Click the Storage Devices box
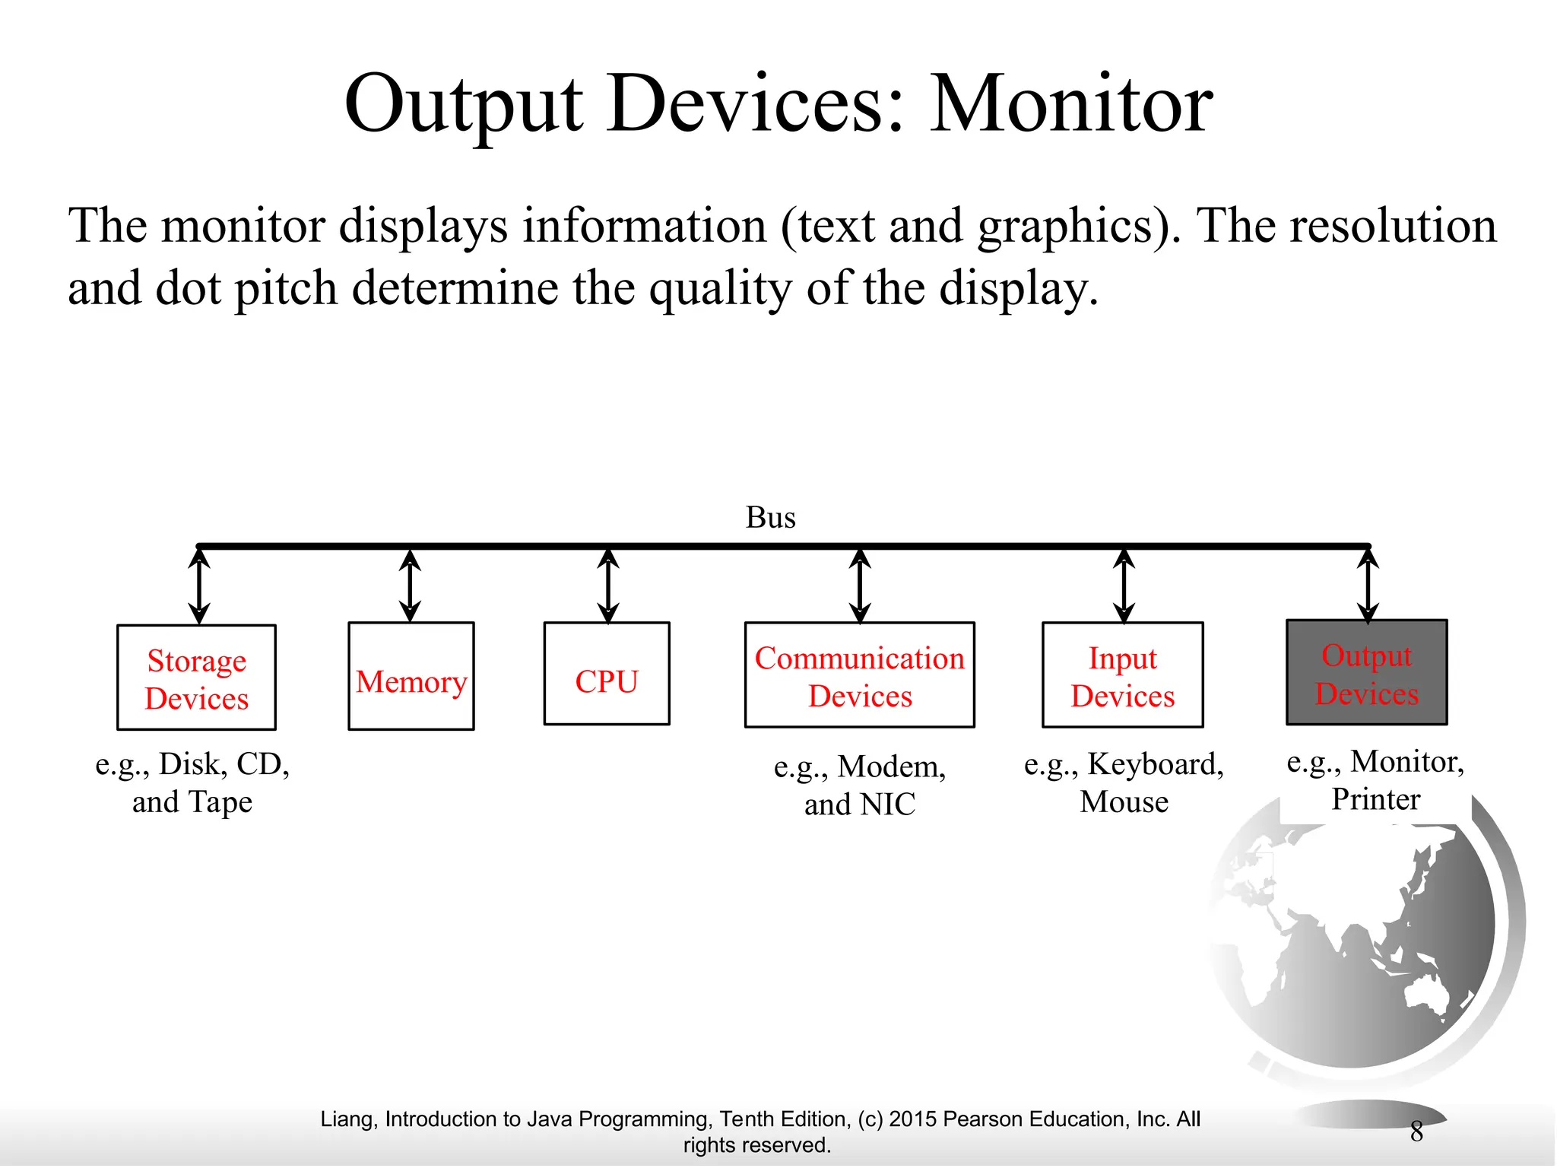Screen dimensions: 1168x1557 tap(196, 678)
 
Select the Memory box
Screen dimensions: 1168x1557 tap(411, 676)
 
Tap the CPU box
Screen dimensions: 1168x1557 tap(606, 674)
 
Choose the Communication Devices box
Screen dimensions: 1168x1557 tap(859, 675)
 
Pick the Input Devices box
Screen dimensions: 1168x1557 tap(1122, 675)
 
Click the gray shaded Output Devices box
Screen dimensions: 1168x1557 tap(1366, 672)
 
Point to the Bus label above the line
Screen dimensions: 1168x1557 tap(770, 517)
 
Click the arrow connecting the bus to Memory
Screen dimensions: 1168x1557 tap(411, 586)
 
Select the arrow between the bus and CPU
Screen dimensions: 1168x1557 tap(607, 586)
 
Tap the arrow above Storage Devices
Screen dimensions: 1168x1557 tap(199, 586)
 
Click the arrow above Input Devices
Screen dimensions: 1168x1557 tap(1124, 586)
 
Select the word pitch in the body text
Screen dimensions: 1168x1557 tap(286, 289)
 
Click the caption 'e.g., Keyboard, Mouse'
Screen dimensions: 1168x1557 tap(1124, 782)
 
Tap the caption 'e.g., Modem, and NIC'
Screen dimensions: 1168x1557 tap(859, 785)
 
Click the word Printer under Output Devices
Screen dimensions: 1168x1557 tap(1375, 799)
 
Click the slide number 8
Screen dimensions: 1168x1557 tap(1416, 1131)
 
